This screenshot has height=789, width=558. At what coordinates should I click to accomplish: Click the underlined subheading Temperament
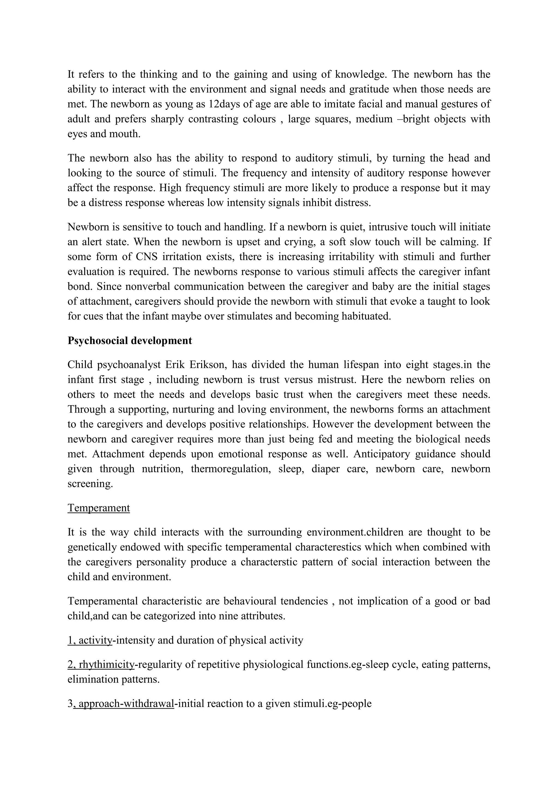coord(99,508)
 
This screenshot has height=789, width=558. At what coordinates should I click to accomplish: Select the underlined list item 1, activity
coord(90,640)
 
